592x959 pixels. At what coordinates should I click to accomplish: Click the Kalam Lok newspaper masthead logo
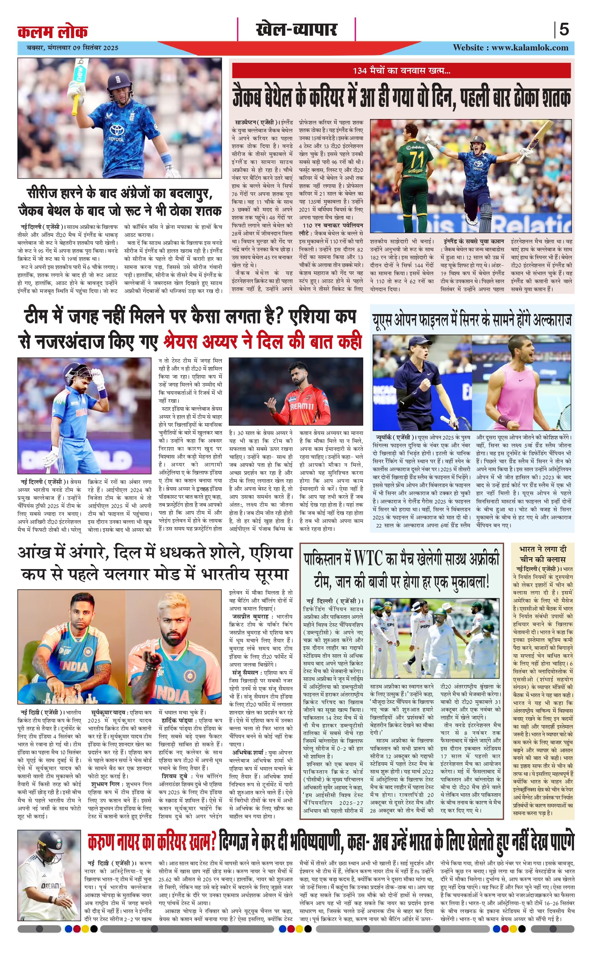tap(52, 31)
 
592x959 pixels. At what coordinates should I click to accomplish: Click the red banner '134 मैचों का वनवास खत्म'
tap(401, 71)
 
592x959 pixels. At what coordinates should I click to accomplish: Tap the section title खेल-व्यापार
tap(296, 30)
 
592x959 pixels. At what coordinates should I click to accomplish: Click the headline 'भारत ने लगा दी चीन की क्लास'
tap(542, 554)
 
